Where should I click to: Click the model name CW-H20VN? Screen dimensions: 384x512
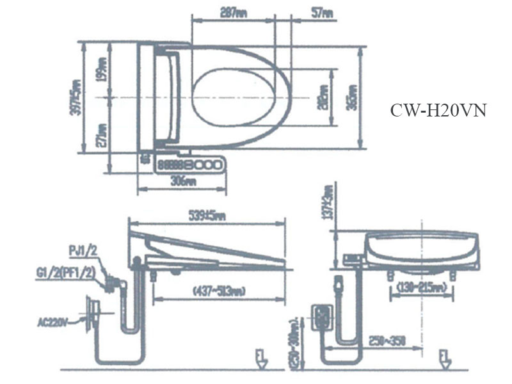coord(438,111)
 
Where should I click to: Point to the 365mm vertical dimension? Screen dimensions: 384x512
coord(351,99)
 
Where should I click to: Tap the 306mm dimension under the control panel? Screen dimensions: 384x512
coord(184,181)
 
